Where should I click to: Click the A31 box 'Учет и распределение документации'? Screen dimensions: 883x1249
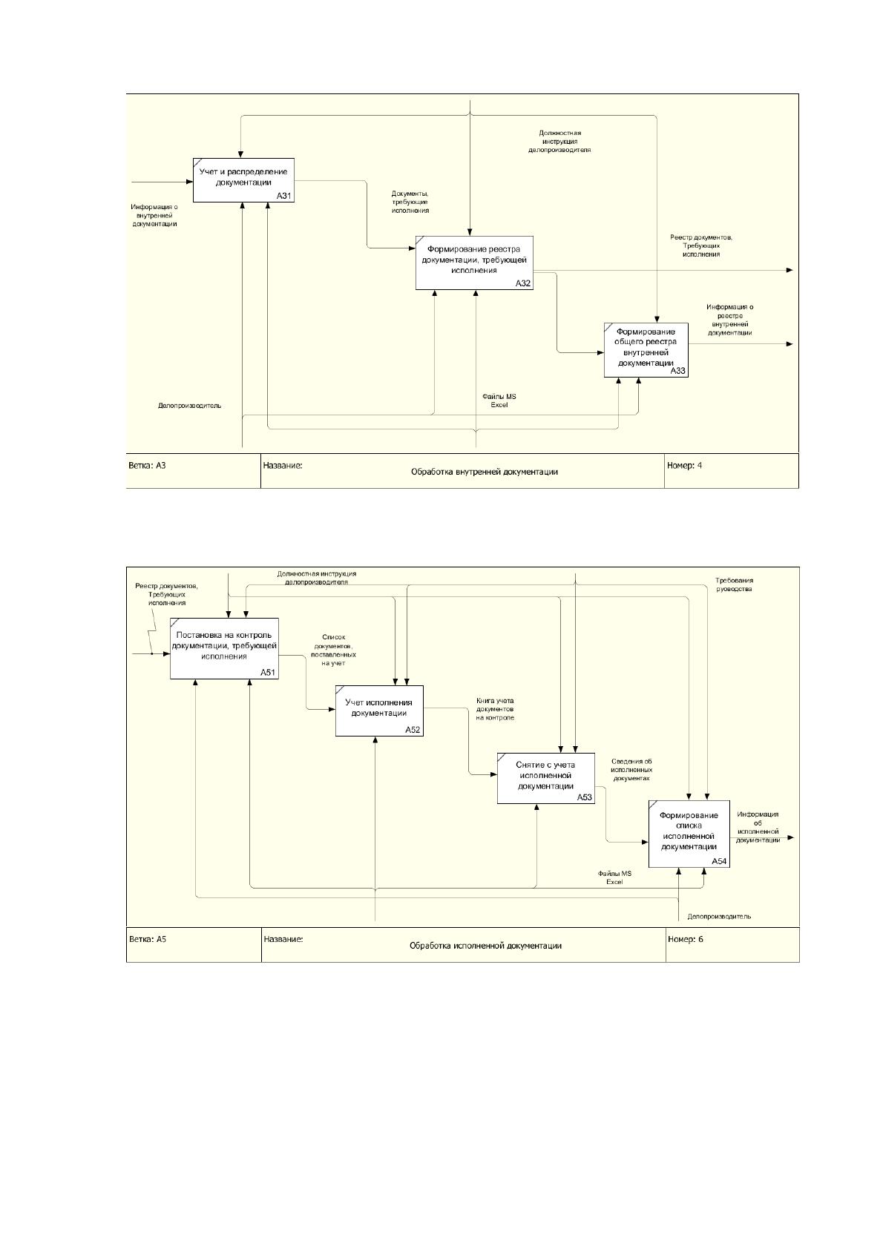point(243,180)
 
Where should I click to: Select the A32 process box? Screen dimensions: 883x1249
point(474,263)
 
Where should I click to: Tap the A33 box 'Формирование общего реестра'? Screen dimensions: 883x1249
point(646,350)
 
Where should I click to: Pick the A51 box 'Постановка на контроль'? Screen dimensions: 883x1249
point(224,648)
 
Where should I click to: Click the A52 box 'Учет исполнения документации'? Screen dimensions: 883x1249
point(379,711)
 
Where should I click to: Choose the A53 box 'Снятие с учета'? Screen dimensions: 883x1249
point(545,778)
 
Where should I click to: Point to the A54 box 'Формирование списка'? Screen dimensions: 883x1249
point(689,834)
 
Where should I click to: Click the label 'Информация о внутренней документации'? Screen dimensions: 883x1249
point(154,215)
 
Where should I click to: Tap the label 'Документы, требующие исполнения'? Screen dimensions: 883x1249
point(410,202)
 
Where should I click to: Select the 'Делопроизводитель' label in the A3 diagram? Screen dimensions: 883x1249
point(190,406)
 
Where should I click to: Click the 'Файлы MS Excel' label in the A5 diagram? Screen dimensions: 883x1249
point(614,877)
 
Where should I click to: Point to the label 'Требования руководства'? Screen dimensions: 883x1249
point(734,584)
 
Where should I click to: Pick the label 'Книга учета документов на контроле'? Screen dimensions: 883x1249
point(495,709)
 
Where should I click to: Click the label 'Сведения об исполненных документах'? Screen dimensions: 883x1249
point(631,769)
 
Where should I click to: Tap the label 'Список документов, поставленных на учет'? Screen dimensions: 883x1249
point(334,650)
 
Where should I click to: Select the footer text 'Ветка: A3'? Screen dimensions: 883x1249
point(147,466)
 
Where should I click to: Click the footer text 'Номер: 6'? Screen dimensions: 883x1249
point(686,939)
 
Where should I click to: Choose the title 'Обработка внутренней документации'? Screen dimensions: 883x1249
point(485,472)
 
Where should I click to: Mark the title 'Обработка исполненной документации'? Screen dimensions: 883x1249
point(485,946)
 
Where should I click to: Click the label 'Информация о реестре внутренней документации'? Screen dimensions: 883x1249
point(729,320)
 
